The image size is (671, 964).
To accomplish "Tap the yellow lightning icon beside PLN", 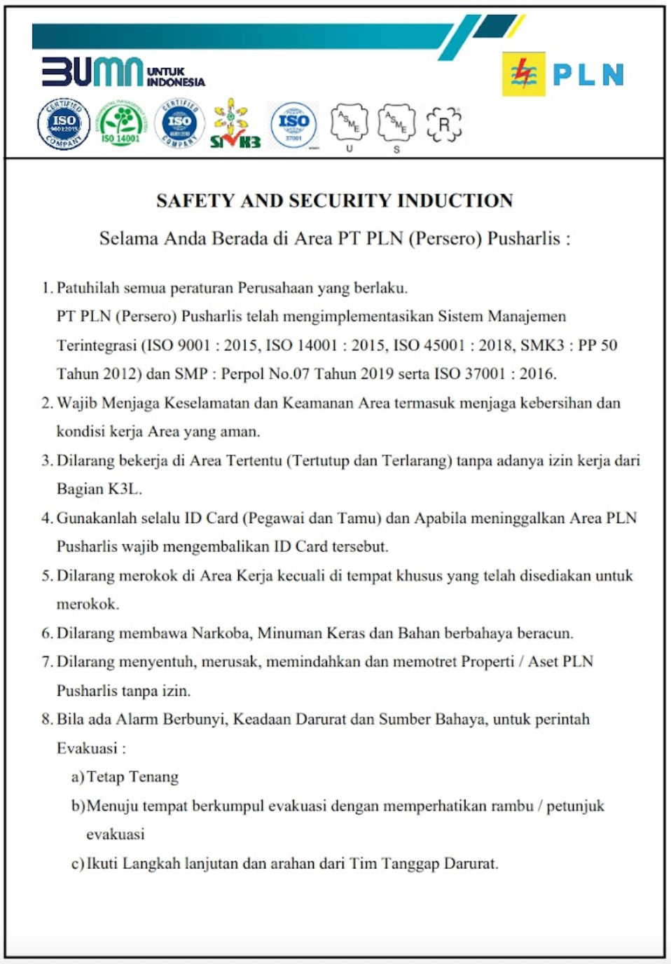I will point(523,74).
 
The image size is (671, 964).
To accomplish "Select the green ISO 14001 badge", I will point(120,125).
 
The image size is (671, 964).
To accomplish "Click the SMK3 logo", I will point(235,124).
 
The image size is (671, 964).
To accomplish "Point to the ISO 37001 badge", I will point(293,125).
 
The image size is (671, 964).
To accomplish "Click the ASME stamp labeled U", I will point(349,123).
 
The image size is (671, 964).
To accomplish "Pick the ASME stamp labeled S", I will point(396,123).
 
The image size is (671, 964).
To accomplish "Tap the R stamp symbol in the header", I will point(444,125).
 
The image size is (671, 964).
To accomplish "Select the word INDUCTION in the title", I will point(455,201).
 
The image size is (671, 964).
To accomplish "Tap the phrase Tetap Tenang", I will point(132,777).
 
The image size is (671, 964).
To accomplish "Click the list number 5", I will point(46,576).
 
